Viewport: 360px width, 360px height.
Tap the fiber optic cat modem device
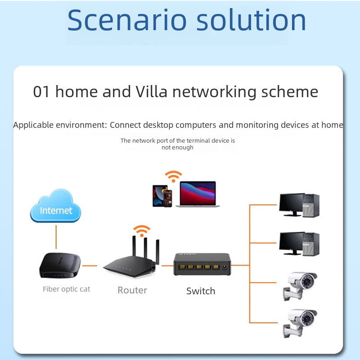click(60, 266)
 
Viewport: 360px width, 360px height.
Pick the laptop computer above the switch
click(198, 194)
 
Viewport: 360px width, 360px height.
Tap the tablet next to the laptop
click(157, 196)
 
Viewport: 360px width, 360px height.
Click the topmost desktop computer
click(299, 205)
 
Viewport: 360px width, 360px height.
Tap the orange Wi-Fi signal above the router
click(143, 230)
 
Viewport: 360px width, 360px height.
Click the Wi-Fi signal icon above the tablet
click(173, 175)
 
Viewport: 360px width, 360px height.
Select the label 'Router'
click(132, 290)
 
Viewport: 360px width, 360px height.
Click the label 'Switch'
click(201, 291)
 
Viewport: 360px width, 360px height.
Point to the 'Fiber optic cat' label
click(67, 289)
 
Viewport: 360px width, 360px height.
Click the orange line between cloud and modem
click(56, 237)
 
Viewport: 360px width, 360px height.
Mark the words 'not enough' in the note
click(177, 148)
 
